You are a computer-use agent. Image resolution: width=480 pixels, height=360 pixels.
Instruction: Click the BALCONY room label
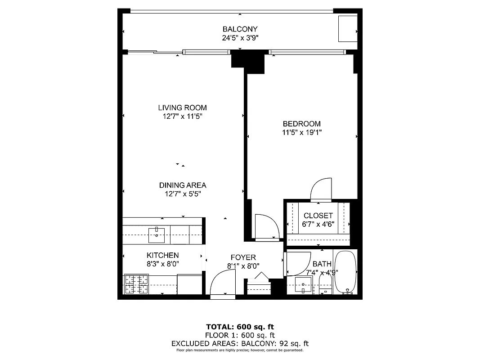coord(240,30)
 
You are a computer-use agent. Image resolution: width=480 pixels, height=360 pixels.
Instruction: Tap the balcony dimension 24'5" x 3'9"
coord(240,38)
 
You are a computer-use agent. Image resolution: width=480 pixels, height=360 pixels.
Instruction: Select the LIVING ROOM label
coord(182,108)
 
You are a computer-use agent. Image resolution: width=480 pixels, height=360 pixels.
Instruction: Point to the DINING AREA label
coord(182,185)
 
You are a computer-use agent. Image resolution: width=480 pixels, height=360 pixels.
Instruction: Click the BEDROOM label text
coord(301,124)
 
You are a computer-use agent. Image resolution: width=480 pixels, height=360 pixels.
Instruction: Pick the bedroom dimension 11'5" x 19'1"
coord(301,132)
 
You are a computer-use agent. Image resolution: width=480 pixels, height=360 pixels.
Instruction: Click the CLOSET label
coord(318,216)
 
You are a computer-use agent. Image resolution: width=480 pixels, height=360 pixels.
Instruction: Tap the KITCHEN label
coord(162,255)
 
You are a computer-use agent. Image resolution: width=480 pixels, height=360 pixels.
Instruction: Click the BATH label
coord(322,264)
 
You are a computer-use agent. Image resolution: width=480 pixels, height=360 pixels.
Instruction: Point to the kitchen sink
coord(157,233)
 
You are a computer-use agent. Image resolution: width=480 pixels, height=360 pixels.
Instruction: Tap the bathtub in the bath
coord(346,272)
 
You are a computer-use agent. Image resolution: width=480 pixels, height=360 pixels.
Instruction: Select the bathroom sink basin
coord(303,285)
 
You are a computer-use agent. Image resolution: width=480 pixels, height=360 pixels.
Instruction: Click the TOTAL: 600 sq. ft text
coord(240,327)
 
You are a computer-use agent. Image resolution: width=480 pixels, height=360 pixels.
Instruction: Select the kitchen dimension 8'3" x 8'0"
coord(162,264)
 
